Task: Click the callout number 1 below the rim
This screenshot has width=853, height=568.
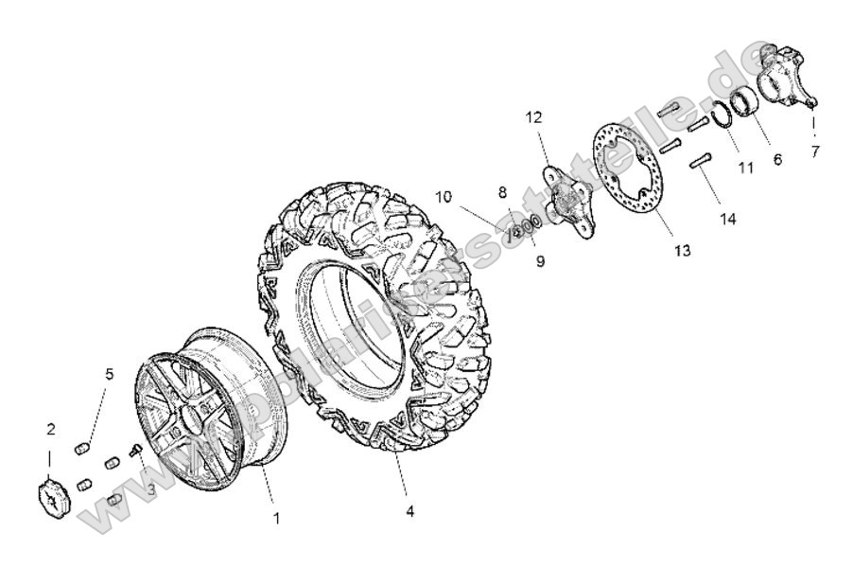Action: coord(276,518)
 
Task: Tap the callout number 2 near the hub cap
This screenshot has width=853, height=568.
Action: coord(51,429)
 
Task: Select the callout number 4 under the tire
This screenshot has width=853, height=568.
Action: coord(409,511)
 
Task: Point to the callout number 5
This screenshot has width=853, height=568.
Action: coord(109,374)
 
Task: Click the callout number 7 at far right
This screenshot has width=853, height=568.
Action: coord(814,151)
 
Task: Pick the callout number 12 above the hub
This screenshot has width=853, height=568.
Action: coord(534,117)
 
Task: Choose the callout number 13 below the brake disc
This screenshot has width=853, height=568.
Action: coord(682,251)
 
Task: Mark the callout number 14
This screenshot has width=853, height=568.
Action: coord(728,218)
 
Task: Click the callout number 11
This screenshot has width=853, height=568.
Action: coord(746,168)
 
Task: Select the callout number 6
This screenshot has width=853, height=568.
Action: coord(777,160)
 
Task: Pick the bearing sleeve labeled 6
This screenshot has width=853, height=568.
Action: coord(742,100)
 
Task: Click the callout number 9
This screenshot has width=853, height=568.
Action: coord(540,261)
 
